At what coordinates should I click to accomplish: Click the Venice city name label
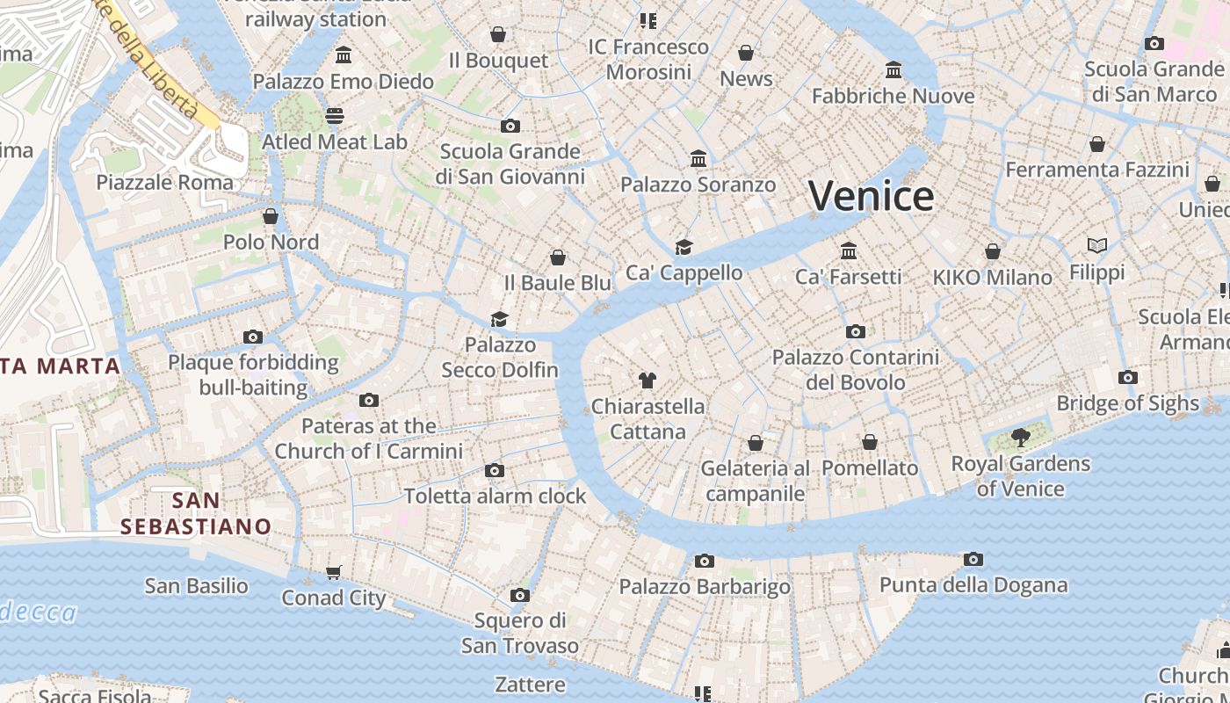pos(871,195)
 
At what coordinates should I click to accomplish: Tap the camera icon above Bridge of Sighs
pos(1128,378)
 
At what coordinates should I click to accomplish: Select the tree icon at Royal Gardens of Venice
pos(1020,437)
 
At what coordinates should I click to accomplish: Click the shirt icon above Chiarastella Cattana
pos(648,380)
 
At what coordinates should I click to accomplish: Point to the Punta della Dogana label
pos(973,585)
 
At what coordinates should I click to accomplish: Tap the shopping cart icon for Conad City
pos(333,573)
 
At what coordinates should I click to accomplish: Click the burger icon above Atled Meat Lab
pos(335,116)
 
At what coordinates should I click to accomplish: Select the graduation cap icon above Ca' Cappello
pos(684,247)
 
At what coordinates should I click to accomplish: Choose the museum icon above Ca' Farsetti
pos(849,250)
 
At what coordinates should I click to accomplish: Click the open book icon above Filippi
pos(1096,245)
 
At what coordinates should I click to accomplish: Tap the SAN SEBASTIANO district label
pos(196,513)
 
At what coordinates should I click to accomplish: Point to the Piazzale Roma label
pos(165,183)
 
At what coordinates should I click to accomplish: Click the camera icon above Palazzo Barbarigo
pos(704,561)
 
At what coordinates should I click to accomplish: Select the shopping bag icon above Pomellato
pos(870,442)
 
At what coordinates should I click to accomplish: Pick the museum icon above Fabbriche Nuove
pos(894,69)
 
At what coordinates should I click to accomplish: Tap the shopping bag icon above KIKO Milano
pos(993,251)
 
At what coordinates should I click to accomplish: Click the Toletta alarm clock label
pos(495,496)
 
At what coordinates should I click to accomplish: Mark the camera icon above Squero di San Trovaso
pos(519,596)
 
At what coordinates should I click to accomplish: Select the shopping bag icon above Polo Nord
pos(271,216)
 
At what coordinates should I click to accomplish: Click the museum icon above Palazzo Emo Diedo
pos(344,55)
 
